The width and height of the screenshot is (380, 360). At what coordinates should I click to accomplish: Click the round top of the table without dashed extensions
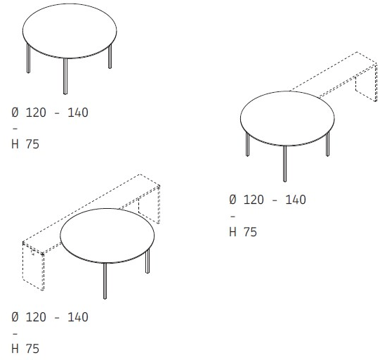70,31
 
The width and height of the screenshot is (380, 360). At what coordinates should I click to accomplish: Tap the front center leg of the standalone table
65,76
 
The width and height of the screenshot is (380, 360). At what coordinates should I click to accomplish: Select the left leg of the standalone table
28,58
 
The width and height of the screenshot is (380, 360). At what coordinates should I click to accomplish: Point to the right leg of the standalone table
110,56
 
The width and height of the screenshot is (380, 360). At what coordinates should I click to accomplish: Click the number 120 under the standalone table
36,112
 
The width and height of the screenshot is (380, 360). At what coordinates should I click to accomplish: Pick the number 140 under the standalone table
78,112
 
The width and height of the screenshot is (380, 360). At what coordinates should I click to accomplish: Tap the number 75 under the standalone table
32,144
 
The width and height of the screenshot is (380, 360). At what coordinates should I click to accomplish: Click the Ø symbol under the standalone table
15,112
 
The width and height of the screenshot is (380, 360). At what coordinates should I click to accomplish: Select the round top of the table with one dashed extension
287,118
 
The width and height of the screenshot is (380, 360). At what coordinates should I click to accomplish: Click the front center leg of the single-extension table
284,164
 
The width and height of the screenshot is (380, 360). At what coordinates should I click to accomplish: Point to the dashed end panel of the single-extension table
367,82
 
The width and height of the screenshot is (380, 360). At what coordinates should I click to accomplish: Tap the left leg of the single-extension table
247,144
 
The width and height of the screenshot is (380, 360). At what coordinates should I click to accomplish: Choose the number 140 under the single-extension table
296,200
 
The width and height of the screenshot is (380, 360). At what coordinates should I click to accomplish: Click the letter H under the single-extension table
232,231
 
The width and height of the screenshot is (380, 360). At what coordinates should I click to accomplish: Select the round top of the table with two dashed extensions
107,236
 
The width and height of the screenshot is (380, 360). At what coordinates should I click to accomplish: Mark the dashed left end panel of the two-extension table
33,266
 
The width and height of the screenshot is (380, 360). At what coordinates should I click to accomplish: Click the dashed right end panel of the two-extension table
149,205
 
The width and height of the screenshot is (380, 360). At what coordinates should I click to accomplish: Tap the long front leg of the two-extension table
105,281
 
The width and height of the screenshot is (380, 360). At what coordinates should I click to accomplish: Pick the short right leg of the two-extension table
148,261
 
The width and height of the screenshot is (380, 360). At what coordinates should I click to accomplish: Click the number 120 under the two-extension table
36,317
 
